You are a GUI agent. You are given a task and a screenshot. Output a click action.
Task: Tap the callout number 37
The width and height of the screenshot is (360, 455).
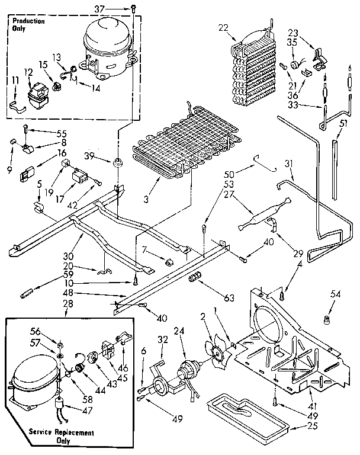[117, 8]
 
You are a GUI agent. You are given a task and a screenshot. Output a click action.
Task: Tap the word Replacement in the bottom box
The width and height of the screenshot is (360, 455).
[65, 433]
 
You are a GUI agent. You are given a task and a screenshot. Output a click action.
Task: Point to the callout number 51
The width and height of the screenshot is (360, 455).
[343, 123]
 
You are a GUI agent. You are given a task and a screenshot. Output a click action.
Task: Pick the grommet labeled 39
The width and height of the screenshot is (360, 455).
[118, 161]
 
